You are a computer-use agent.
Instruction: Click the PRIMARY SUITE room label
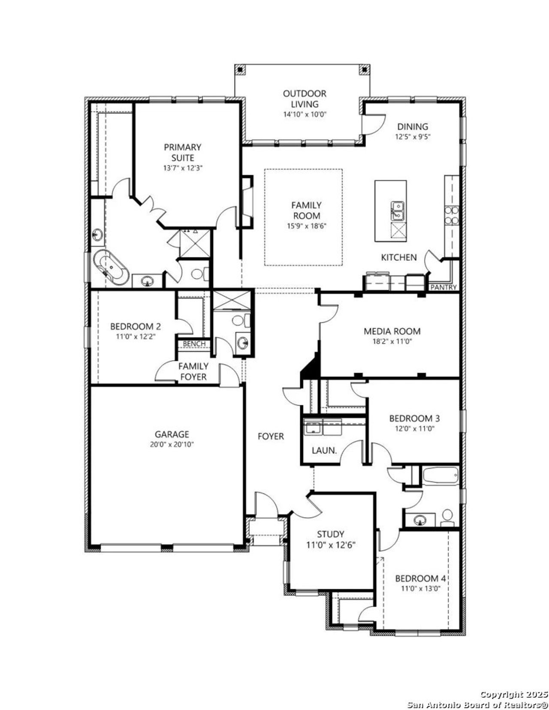pos(182,152)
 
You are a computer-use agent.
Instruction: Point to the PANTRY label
pos(443,287)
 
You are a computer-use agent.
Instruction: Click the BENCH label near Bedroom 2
pos(194,344)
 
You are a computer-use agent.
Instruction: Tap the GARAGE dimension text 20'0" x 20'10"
pos(172,445)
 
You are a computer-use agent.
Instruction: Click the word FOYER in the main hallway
pos(271,436)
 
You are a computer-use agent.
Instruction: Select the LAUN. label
pos(324,451)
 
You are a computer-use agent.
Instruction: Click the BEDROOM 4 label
pos(417,578)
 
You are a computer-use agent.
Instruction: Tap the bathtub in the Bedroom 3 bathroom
pos(440,475)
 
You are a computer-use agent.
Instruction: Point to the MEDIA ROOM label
pos(392,331)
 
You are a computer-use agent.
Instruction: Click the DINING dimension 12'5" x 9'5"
pos(412,137)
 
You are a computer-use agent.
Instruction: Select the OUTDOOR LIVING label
pos(305,99)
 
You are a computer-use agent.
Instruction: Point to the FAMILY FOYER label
pos(193,371)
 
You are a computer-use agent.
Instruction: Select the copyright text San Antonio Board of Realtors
pos(477,704)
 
